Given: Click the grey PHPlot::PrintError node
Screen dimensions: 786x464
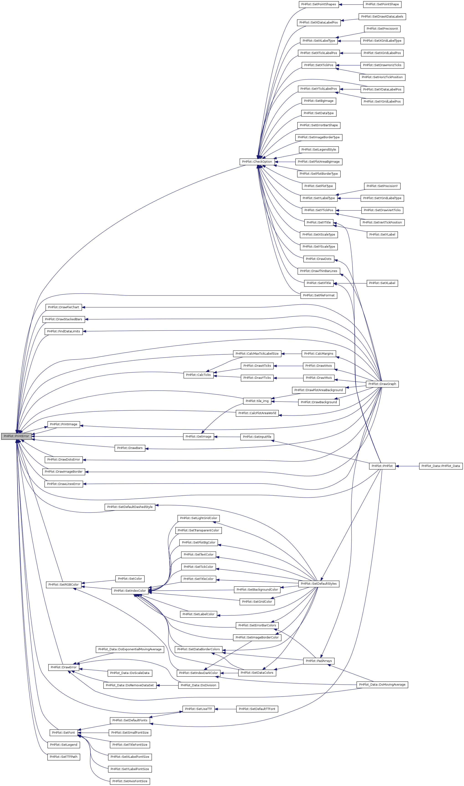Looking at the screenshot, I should [x=16, y=436].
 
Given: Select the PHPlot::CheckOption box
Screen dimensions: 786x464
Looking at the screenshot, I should [x=257, y=162].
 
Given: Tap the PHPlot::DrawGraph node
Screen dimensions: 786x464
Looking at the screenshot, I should [x=382, y=384].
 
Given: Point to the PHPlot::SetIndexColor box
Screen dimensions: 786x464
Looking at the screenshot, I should [x=130, y=591].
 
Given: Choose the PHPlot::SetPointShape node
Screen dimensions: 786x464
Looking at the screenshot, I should [x=382, y=4].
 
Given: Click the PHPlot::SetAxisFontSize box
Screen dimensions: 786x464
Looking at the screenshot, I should [x=130, y=781].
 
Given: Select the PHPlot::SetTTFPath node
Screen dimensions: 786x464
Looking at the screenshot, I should [x=64, y=757].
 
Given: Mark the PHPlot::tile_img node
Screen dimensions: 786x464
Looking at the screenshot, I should [x=257, y=401].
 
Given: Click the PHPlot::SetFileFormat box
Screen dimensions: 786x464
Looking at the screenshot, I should [x=319, y=295].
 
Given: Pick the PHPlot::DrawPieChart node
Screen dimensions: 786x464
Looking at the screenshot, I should [x=64, y=307].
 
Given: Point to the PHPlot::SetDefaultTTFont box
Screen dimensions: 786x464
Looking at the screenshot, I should [x=257, y=709].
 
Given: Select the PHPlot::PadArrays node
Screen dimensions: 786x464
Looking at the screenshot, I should [x=319, y=661].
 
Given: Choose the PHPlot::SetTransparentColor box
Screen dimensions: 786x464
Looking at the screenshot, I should [x=198, y=530].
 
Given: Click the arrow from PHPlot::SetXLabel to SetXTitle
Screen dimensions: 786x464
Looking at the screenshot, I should [x=350, y=283].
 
